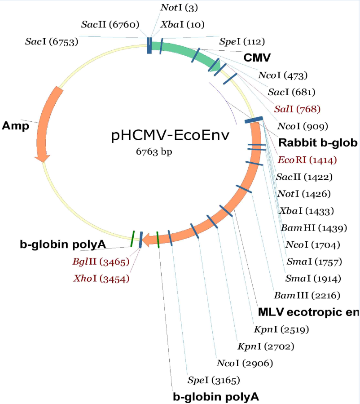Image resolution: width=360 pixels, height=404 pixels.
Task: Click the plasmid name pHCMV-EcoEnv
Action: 170,135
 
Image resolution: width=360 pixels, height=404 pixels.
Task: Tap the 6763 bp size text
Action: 154,151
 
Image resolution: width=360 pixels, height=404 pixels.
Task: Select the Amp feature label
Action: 15,125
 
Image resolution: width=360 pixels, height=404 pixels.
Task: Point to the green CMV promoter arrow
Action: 189,53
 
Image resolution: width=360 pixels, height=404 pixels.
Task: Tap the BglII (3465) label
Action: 101,262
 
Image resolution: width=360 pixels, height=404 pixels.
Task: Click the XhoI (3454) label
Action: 101,279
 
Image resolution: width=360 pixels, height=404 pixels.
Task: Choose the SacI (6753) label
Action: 52,42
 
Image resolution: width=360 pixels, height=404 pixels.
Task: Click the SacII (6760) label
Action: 110,24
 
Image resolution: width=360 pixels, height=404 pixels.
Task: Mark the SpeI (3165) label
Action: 214,381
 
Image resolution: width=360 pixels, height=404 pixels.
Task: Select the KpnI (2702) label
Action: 266,346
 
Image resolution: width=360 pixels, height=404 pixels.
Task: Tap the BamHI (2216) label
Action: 307,295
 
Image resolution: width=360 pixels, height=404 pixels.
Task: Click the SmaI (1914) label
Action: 313,279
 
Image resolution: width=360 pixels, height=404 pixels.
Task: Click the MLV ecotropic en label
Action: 308,312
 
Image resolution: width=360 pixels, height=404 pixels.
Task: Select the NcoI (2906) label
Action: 244,363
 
